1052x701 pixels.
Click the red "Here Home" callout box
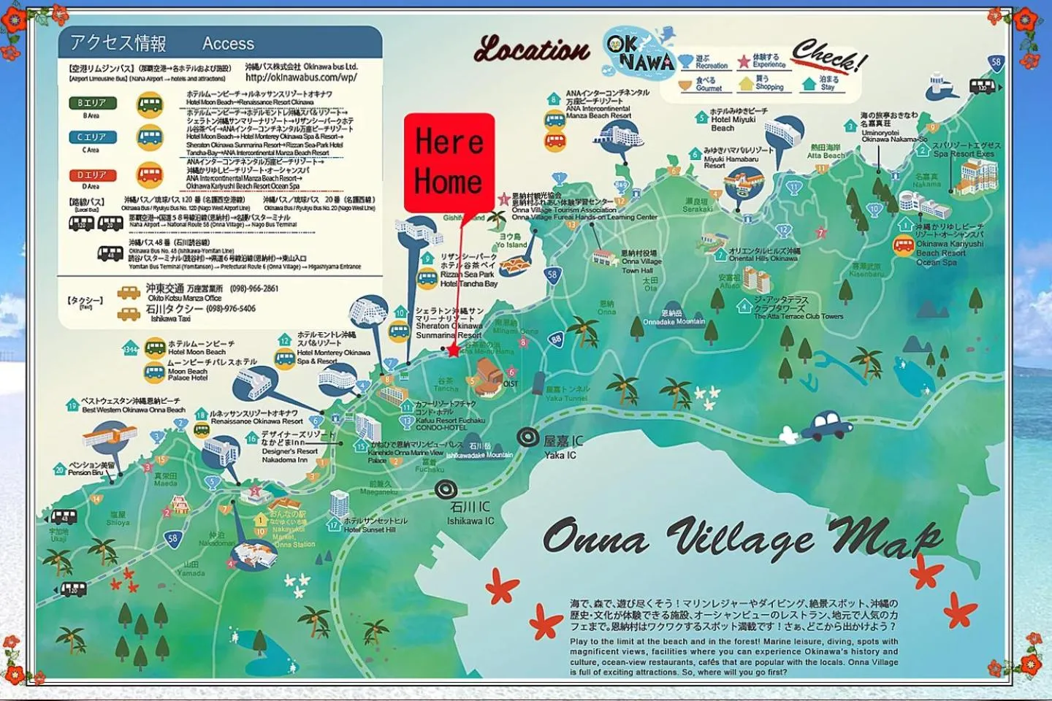(449, 162)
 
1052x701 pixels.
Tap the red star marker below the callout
(453, 350)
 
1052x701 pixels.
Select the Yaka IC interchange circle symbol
(528, 437)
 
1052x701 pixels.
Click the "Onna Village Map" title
(742, 537)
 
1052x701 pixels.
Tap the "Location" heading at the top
(531, 50)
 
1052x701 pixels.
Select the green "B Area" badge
(93, 103)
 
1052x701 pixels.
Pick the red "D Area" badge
(92, 175)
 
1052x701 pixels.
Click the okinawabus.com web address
(301, 77)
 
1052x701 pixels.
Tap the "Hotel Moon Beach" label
(197, 352)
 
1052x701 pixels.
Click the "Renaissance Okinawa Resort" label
(256, 421)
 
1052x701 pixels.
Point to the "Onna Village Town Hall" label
(641, 261)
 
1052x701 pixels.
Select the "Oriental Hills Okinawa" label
(763, 258)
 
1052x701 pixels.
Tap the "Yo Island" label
(511, 245)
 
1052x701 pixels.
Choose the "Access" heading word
(228, 44)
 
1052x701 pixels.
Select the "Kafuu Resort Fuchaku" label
(450, 421)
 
